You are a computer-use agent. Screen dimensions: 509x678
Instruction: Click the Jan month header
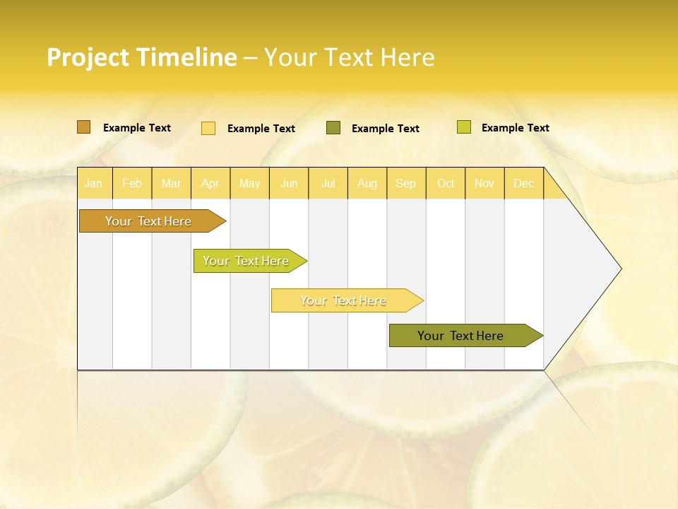pos(93,183)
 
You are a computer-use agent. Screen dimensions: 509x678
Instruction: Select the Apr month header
pos(210,183)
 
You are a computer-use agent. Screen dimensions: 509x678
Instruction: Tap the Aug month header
pos(367,183)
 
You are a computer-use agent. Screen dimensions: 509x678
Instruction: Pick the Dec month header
pos(524,183)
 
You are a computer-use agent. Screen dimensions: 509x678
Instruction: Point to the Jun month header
pos(289,183)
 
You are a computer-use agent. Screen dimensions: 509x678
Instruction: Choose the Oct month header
pos(446,183)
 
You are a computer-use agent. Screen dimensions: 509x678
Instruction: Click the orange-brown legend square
pos(84,127)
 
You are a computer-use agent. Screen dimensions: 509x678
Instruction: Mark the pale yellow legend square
pos(208,128)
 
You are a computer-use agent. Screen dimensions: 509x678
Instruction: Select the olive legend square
pos(333,128)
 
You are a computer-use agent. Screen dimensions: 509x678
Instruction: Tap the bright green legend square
pos(464,127)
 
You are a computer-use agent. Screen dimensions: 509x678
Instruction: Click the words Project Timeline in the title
pos(141,57)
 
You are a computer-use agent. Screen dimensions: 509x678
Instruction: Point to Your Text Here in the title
pos(350,57)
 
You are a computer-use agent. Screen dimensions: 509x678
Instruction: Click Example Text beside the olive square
pos(386,129)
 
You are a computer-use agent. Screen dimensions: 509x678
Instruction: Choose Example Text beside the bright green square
pos(516,128)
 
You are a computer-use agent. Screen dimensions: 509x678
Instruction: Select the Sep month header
pos(406,183)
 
